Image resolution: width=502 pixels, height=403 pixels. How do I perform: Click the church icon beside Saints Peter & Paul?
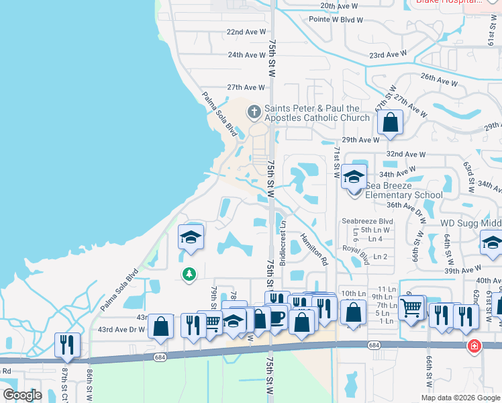click(254, 111)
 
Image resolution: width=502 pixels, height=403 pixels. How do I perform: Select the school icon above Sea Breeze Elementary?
click(354, 177)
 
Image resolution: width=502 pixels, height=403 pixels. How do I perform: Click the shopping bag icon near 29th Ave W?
click(389, 124)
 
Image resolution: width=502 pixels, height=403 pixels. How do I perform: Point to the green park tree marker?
click(190, 273)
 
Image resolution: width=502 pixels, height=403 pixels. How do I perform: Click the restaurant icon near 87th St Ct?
click(67, 345)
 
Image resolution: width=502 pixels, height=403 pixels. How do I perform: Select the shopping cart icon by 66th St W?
click(411, 308)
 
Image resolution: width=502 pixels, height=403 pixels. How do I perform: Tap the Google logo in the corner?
click(22, 395)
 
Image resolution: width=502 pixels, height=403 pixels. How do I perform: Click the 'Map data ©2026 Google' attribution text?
click(460, 397)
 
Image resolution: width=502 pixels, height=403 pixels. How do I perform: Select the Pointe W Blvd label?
click(336, 20)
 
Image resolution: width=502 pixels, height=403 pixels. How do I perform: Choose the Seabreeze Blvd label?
click(366, 221)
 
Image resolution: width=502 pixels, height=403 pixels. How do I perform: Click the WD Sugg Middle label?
click(470, 223)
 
